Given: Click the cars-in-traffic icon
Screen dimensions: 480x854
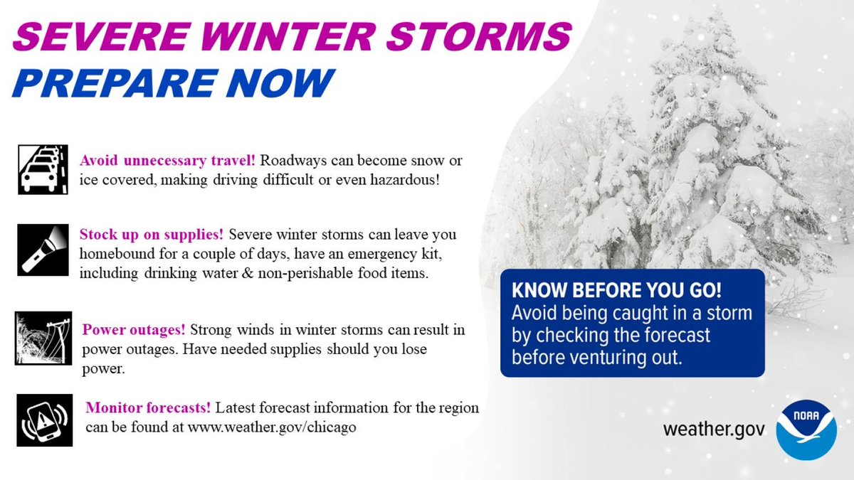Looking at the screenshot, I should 43,169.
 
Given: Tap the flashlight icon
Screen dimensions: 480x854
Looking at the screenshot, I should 43,249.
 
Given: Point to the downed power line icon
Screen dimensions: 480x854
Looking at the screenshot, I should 43,338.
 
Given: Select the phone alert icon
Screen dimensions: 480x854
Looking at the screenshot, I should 44,420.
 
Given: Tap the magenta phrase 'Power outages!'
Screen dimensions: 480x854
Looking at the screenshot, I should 134,330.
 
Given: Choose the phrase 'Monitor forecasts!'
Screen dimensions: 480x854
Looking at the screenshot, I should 148,408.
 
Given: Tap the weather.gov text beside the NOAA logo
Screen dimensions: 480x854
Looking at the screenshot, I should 714,430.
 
